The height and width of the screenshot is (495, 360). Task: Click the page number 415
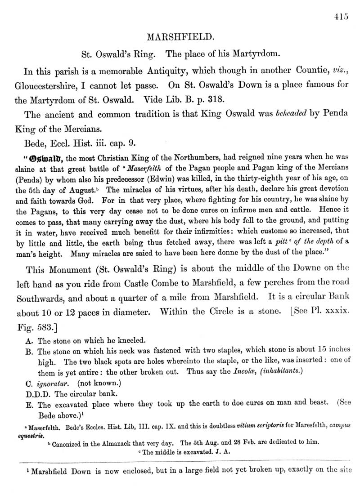(342, 18)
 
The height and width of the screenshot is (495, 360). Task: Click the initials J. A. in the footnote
(224, 452)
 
